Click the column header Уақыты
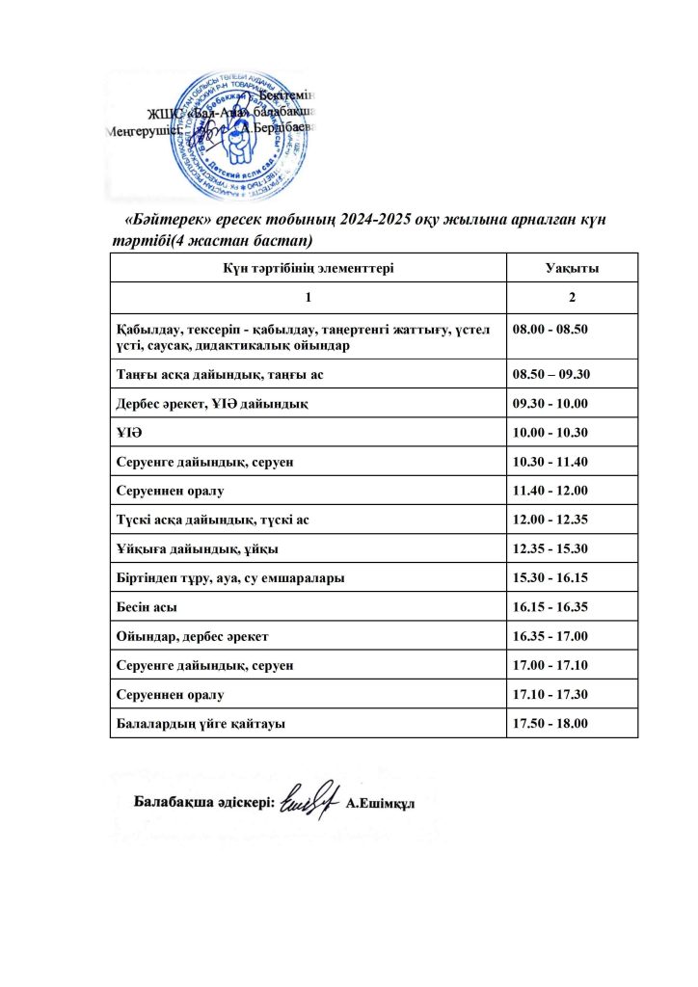click(x=572, y=269)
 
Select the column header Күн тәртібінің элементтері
click(x=309, y=269)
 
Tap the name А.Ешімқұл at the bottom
click(x=380, y=804)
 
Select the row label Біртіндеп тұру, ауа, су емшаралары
click(x=229, y=578)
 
